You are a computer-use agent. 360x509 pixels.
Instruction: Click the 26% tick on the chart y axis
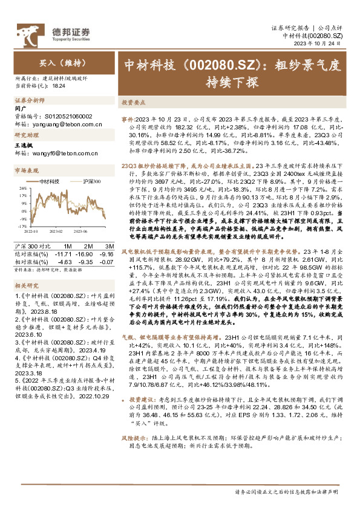20,187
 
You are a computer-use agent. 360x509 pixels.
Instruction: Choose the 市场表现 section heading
27,170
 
